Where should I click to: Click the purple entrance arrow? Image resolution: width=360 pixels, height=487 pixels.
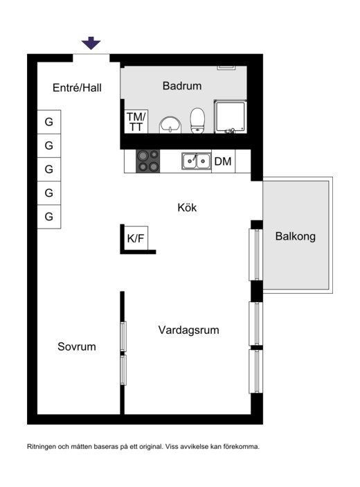pyautogui.click(x=91, y=43)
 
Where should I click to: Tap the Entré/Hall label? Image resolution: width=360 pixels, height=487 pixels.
pyautogui.click(x=77, y=88)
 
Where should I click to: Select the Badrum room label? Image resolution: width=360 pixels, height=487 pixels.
pyautogui.click(x=182, y=86)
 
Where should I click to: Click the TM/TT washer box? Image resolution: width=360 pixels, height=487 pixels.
pyautogui.click(x=136, y=121)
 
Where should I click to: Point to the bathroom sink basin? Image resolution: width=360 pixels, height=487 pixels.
pyautogui.click(x=170, y=125)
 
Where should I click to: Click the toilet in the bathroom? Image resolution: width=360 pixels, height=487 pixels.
pyautogui.click(x=197, y=121)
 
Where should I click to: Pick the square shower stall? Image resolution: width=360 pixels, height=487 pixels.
pyautogui.click(x=231, y=116)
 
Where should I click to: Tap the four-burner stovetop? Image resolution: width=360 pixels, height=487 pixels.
pyautogui.click(x=148, y=161)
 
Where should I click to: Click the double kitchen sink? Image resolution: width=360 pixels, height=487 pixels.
pyautogui.click(x=196, y=161)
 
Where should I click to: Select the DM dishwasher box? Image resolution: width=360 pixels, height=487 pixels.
pyautogui.click(x=223, y=161)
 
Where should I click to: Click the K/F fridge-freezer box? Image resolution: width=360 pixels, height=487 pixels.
pyautogui.click(x=136, y=238)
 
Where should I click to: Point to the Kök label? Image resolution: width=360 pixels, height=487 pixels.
pyautogui.click(x=187, y=207)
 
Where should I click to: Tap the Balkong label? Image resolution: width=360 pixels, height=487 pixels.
pyautogui.click(x=295, y=236)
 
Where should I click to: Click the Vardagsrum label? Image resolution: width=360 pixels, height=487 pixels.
pyautogui.click(x=189, y=330)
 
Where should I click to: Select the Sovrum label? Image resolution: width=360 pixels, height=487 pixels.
pyautogui.click(x=77, y=346)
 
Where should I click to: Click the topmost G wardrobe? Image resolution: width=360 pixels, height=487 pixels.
pyautogui.click(x=49, y=122)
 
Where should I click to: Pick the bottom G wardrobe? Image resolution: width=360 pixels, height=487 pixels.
pyautogui.click(x=49, y=217)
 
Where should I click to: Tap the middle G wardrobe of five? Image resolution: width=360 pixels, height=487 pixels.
pyautogui.click(x=49, y=169)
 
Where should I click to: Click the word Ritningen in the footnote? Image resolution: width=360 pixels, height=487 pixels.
pyautogui.click(x=42, y=447)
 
